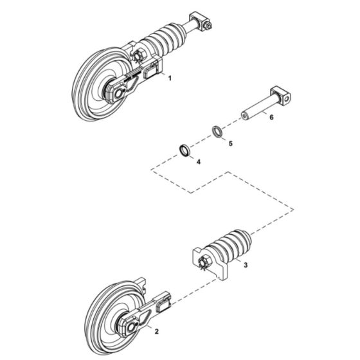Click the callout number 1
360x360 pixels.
pos(170,78)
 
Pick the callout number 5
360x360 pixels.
pos(230,142)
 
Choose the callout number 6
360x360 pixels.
pos(271,118)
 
